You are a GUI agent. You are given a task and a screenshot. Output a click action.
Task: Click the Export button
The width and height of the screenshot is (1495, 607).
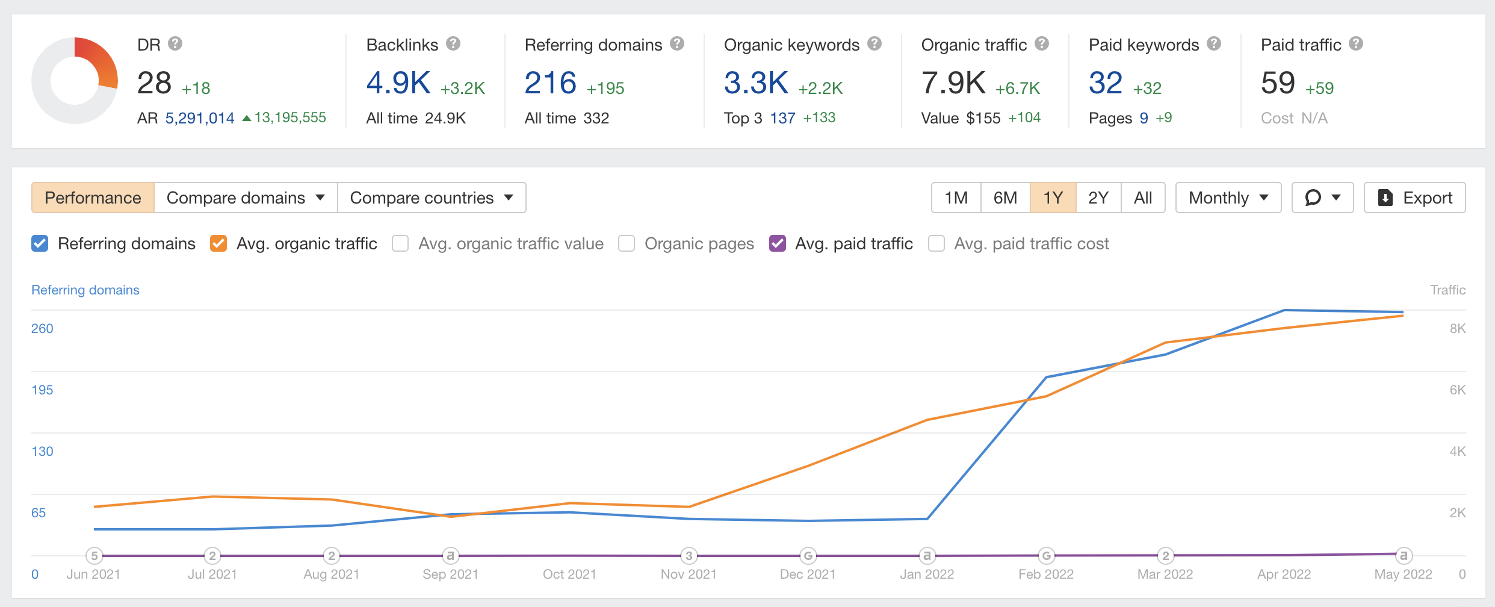[x=1414, y=198]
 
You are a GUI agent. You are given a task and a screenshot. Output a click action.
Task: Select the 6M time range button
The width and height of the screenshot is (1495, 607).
[x=1005, y=198]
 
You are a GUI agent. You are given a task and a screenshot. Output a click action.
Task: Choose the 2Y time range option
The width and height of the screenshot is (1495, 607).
[x=1098, y=198]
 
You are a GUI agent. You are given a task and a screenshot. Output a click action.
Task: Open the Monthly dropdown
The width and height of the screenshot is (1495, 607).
[x=1228, y=198]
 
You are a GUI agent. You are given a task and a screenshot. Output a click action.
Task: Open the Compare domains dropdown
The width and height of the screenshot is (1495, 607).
[x=246, y=198]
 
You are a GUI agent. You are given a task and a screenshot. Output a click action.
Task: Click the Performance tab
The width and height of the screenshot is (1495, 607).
[x=93, y=198]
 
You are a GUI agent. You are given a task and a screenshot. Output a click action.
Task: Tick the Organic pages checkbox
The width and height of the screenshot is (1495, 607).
[x=627, y=243]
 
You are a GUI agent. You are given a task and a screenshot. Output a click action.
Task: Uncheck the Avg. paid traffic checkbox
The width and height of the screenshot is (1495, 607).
[x=778, y=243]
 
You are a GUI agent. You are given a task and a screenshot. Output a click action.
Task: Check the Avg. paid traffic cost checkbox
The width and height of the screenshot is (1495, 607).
[x=936, y=243]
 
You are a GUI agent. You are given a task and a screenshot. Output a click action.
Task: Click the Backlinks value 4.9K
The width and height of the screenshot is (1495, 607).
[x=398, y=83]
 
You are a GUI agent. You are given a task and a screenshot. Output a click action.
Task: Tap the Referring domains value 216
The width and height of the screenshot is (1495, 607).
[x=550, y=83]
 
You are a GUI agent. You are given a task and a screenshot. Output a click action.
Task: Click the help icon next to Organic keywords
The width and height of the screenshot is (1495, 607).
[x=874, y=44]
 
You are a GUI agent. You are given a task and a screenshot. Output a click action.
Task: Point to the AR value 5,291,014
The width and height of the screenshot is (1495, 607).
[x=200, y=118]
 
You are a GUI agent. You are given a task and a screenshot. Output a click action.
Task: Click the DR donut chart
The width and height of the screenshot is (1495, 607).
[x=75, y=81]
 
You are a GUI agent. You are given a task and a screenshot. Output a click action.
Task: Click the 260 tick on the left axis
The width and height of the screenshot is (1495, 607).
[x=42, y=328]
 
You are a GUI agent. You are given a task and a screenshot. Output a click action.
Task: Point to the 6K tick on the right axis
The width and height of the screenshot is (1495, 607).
[x=1457, y=390]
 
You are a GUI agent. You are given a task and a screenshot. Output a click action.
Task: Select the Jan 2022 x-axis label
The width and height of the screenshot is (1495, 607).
[x=927, y=574]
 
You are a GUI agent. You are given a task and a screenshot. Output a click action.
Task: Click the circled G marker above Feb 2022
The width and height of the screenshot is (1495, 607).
[x=1047, y=555]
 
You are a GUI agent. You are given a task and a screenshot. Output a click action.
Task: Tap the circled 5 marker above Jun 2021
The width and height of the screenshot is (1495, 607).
[x=94, y=555]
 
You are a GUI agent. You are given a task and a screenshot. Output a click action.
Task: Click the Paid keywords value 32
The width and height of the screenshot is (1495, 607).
[x=1106, y=83]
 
